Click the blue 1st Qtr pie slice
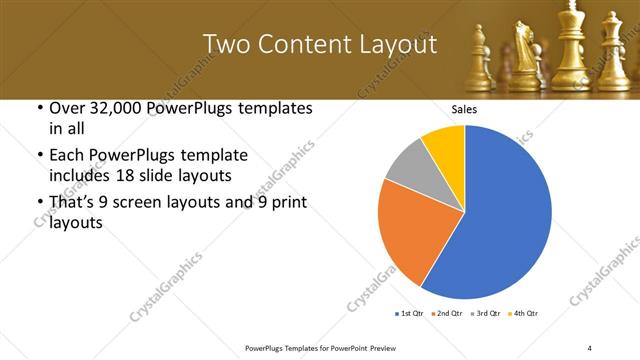(510, 215)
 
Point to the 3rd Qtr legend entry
(488, 314)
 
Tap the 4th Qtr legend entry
(525, 314)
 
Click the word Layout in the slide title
(395, 45)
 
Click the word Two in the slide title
(224, 45)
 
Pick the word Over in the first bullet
(58, 108)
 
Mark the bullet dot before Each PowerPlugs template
(38, 156)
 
